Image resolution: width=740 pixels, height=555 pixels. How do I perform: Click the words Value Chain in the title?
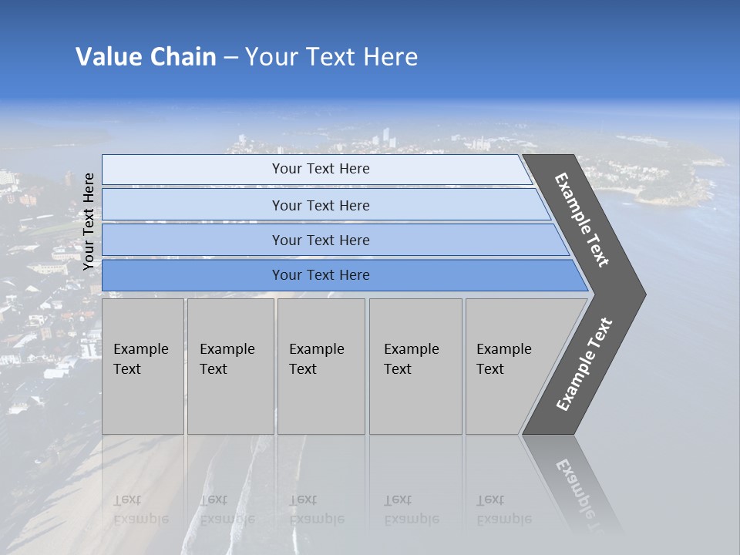click(146, 57)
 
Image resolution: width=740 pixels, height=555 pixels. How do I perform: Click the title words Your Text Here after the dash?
click(331, 57)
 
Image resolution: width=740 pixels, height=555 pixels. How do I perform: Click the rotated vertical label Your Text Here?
click(89, 221)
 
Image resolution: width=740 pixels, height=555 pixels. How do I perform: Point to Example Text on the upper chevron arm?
click(582, 220)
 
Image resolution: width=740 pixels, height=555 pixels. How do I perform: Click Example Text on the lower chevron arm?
click(584, 364)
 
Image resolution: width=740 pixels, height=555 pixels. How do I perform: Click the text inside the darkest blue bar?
click(321, 275)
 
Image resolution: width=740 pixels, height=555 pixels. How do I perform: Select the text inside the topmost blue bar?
click(321, 169)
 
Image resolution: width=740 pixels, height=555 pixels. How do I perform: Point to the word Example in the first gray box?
click(140, 349)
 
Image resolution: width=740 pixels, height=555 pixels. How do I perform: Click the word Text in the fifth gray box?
click(490, 369)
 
